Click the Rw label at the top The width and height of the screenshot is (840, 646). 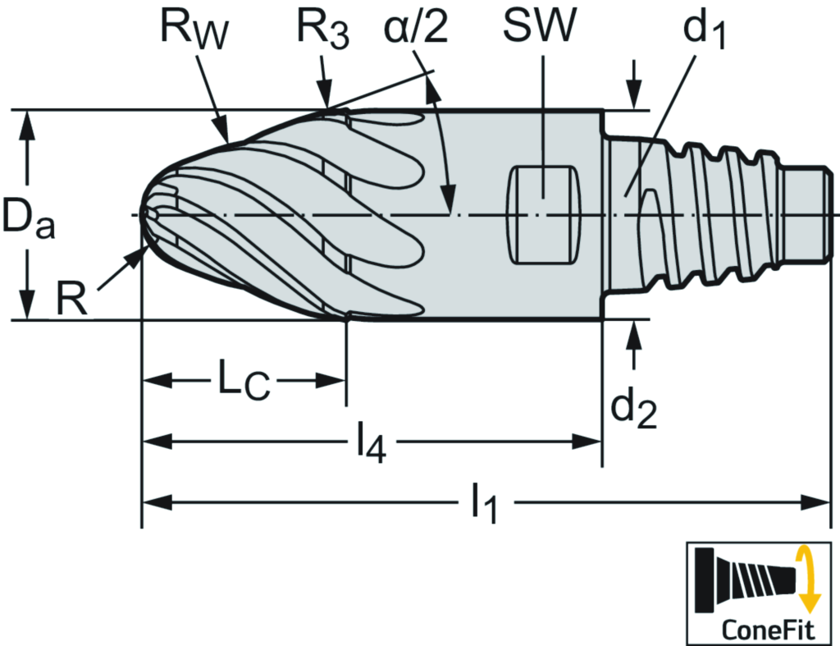(194, 31)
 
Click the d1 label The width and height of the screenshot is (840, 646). (705, 32)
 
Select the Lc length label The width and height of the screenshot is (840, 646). (243, 382)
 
